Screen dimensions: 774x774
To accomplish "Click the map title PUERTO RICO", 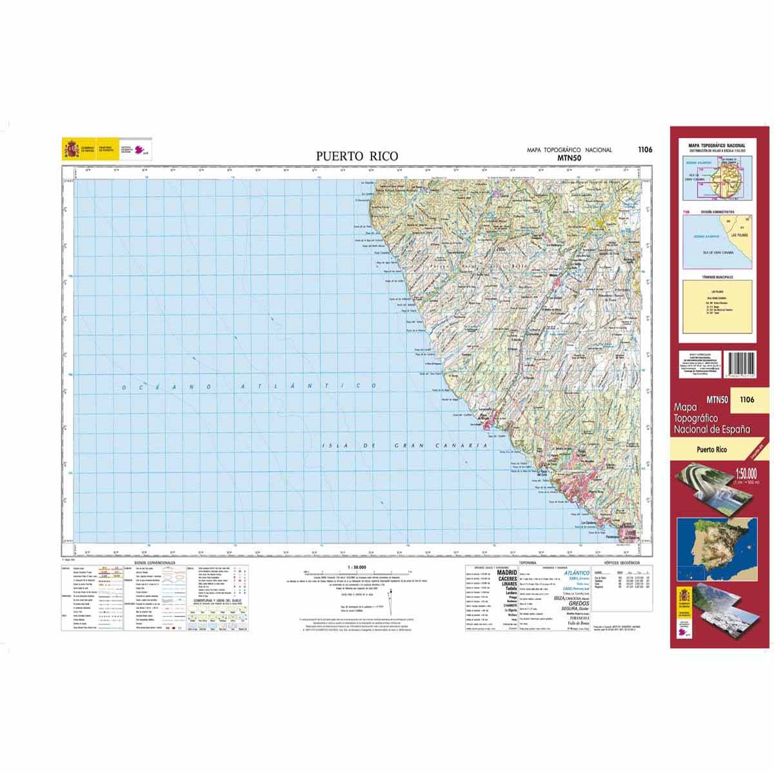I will [x=357, y=155].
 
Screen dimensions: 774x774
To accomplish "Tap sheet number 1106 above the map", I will [x=644, y=150].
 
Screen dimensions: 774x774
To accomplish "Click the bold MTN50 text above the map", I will [x=570, y=157].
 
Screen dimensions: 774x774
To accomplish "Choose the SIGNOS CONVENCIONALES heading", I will [x=154, y=562].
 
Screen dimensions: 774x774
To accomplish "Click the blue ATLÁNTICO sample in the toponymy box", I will [x=576, y=573].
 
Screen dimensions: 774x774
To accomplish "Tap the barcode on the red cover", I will [x=744, y=368].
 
